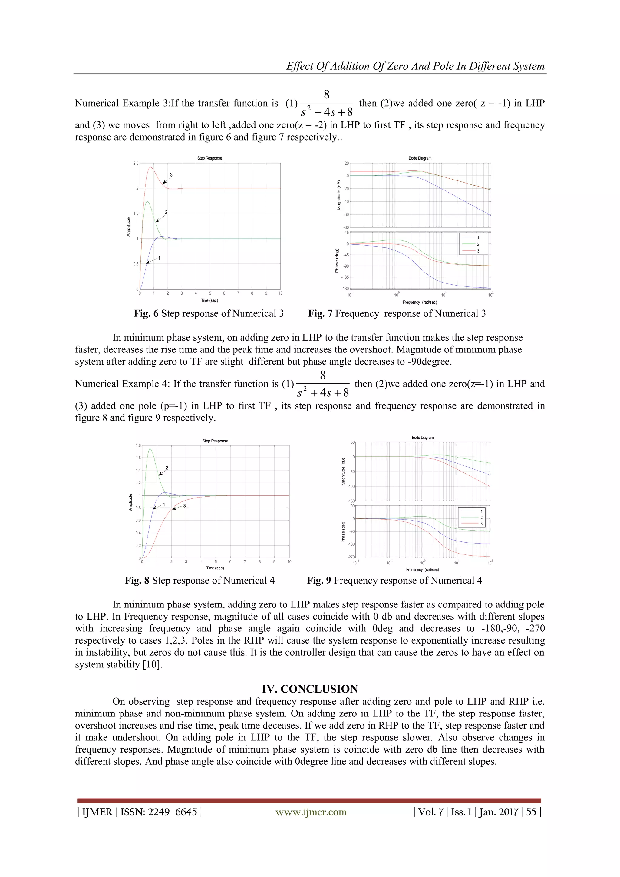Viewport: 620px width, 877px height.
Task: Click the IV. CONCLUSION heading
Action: (x=310, y=689)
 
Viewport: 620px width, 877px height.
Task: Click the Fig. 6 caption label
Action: (x=146, y=314)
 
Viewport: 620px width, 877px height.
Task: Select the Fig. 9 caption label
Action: (x=319, y=581)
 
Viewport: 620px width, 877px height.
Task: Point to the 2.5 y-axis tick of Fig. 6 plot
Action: (x=136, y=164)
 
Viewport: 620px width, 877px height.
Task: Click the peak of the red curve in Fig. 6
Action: (x=151, y=167)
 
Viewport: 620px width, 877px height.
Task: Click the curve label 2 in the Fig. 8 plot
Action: (x=167, y=468)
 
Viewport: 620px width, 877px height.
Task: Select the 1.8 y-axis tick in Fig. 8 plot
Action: (x=138, y=445)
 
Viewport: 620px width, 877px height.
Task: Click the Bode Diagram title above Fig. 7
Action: (x=420, y=158)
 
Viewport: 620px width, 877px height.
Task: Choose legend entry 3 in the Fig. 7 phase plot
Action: (x=478, y=251)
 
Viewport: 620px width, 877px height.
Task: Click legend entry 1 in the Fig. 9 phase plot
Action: (x=481, y=511)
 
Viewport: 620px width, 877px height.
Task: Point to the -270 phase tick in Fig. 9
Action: (x=351, y=557)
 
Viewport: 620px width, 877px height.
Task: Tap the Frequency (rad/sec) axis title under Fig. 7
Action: (x=420, y=302)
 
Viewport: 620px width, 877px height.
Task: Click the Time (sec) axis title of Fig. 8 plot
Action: (x=215, y=568)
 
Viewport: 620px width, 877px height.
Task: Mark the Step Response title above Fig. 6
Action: (x=209, y=158)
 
